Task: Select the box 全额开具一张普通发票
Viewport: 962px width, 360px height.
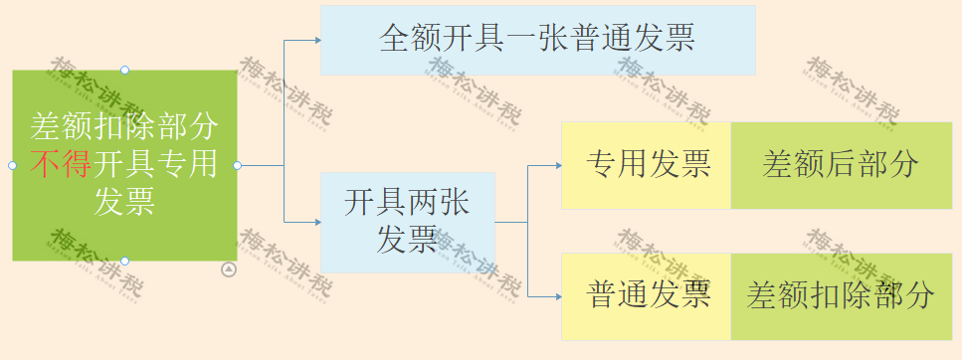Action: tap(537, 40)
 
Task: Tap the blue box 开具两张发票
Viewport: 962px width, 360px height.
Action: tap(407, 222)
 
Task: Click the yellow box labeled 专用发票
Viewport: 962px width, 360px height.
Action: tap(647, 165)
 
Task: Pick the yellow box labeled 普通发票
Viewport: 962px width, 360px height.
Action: tap(647, 295)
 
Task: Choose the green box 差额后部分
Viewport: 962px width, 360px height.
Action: tap(841, 165)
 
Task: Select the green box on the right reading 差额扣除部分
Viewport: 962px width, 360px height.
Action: tap(841, 295)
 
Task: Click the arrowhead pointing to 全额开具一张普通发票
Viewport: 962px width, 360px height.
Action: tap(316, 41)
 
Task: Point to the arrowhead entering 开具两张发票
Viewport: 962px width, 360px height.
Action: tap(316, 221)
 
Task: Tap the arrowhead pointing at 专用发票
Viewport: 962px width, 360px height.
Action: tap(557, 165)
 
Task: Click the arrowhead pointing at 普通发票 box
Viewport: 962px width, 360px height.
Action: tap(557, 295)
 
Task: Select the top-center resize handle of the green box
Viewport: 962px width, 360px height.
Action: tap(124, 70)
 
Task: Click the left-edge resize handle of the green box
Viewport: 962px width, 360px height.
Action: tap(12, 165)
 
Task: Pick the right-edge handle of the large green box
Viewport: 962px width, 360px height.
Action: tap(237, 165)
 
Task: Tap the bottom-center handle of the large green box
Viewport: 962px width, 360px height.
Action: tap(124, 261)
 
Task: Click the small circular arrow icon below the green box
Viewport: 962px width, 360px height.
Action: tap(229, 269)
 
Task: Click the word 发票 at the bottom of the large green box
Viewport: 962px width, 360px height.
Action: tap(124, 201)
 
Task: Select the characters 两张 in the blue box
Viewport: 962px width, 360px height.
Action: tap(439, 203)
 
